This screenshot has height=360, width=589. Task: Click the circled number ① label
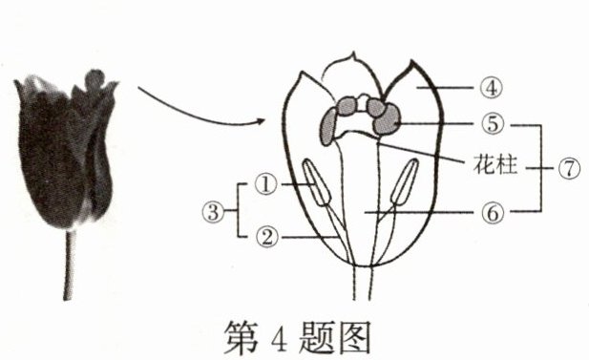click(x=266, y=184)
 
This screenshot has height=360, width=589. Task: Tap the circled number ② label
click(x=267, y=237)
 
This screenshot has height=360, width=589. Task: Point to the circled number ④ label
click(x=492, y=88)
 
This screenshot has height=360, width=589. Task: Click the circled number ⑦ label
click(x=570, y=168)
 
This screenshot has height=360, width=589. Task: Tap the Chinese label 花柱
click(x=495, y=164)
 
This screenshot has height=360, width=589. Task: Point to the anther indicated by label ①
click(x=317, y=181)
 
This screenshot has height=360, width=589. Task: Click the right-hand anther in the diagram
click(x=405, y=181)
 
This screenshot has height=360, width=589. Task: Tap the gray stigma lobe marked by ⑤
click(x=387, y=119)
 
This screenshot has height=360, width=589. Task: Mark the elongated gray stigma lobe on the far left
click(x=328, y=126)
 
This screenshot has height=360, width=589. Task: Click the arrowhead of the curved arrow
click(x=261, y=120)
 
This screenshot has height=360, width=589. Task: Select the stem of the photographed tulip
click(x=69, y=265)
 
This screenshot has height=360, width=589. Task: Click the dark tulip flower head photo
click(x=65, y=150)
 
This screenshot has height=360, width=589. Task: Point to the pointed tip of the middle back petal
click(x=352, y=53)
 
